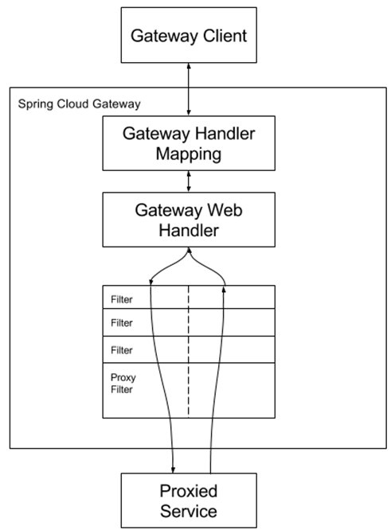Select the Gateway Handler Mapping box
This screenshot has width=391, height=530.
(189, 142)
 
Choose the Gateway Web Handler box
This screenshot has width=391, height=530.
(189, 220)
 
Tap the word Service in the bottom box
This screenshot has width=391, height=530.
(189, 508)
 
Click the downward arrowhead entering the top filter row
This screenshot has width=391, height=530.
(151, 283)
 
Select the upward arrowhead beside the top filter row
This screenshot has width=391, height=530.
(226, 288)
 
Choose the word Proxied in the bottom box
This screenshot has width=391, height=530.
(189, 488)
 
